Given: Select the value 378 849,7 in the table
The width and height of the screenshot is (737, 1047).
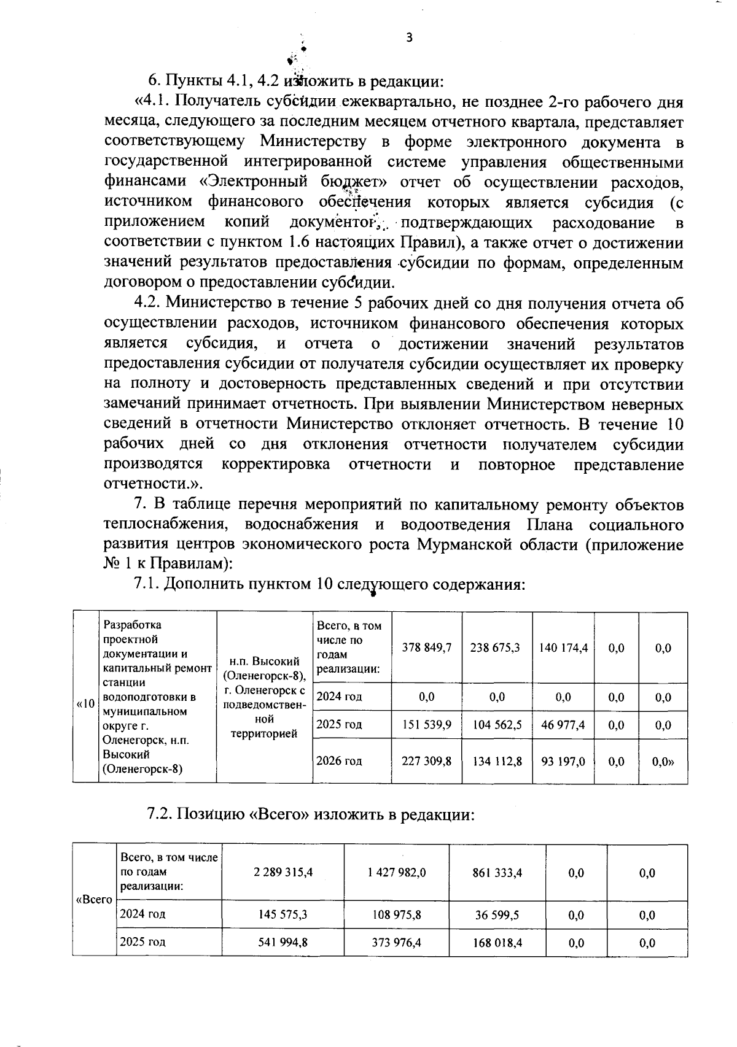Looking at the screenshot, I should point(427,647).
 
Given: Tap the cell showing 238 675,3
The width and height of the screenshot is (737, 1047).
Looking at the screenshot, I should point(496,647).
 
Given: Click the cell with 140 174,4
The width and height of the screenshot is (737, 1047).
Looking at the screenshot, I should point(563,647).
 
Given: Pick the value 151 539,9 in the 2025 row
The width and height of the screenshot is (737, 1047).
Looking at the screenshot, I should point(427,724).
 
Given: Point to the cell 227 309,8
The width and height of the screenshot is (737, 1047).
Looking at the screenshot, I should point(427,761).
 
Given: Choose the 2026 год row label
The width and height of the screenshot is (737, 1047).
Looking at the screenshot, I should point(339,761).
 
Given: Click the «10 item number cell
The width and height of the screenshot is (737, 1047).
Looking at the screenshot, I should point(86,703).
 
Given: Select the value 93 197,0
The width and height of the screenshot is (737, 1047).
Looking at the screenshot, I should point(563,761).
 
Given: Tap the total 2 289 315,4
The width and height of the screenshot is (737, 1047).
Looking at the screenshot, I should point(283,872).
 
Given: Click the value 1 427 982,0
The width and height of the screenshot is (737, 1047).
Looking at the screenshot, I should point(397,872).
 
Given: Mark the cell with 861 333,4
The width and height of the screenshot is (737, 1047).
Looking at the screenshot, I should point(497,872).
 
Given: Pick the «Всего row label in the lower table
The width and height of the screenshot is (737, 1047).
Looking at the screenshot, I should point(94,900).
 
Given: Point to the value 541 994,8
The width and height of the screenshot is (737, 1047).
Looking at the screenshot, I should point(283,943).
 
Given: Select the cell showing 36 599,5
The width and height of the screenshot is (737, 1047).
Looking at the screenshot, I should point(497,914).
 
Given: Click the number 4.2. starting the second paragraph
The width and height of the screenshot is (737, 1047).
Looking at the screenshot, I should point(147,303).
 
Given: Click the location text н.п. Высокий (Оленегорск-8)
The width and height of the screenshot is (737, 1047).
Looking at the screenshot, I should point(265,669).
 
